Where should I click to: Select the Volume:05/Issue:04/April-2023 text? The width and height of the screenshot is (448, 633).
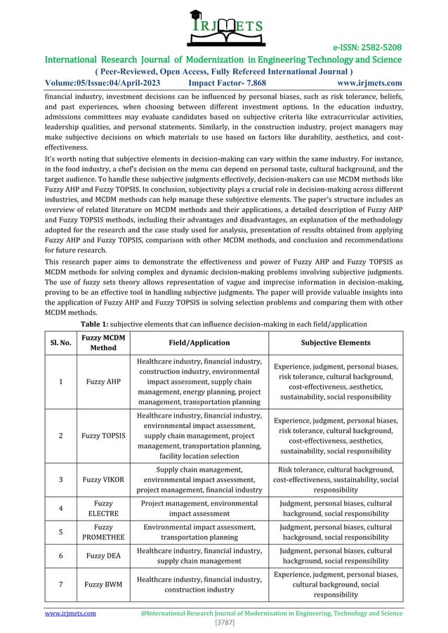point(103,83)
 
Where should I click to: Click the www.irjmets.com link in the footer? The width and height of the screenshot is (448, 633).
point(70,613)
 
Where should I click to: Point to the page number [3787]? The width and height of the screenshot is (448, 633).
point(224,622)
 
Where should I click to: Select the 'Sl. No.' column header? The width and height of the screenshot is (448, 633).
point(65,342)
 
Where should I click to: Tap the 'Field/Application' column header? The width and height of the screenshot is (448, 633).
point(203,342)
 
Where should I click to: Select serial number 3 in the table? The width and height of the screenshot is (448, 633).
point(65,480)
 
